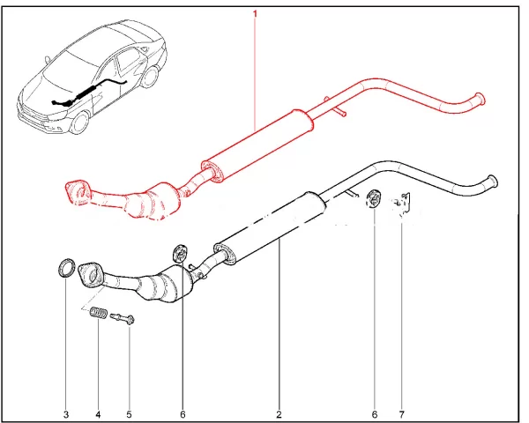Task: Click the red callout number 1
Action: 255,14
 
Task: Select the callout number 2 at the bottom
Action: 279,414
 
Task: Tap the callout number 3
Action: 66,414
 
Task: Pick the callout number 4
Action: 98,414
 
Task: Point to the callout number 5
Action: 130,414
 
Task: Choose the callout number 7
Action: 401,414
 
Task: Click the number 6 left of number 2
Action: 183,414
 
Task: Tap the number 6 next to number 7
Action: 375,414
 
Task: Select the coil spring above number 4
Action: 99,312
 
